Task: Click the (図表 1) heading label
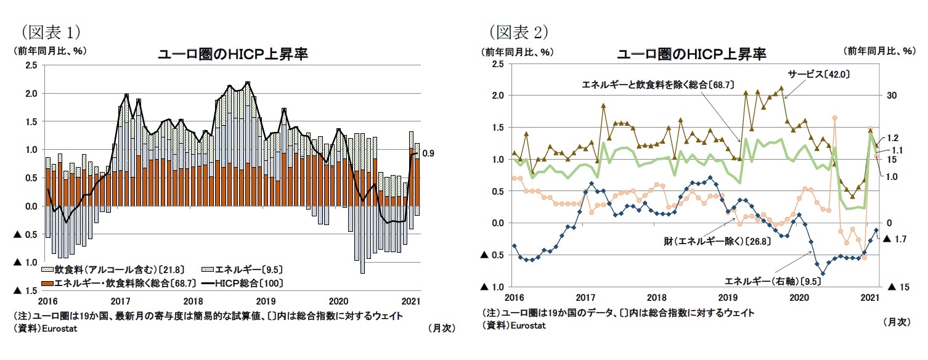(51, 31)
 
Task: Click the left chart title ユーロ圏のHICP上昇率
(234, 54)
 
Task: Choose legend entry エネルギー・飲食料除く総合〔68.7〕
(117, 284)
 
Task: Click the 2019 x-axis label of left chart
(266, 301)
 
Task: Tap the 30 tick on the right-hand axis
(892, 96)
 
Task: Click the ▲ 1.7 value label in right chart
(898, 238)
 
